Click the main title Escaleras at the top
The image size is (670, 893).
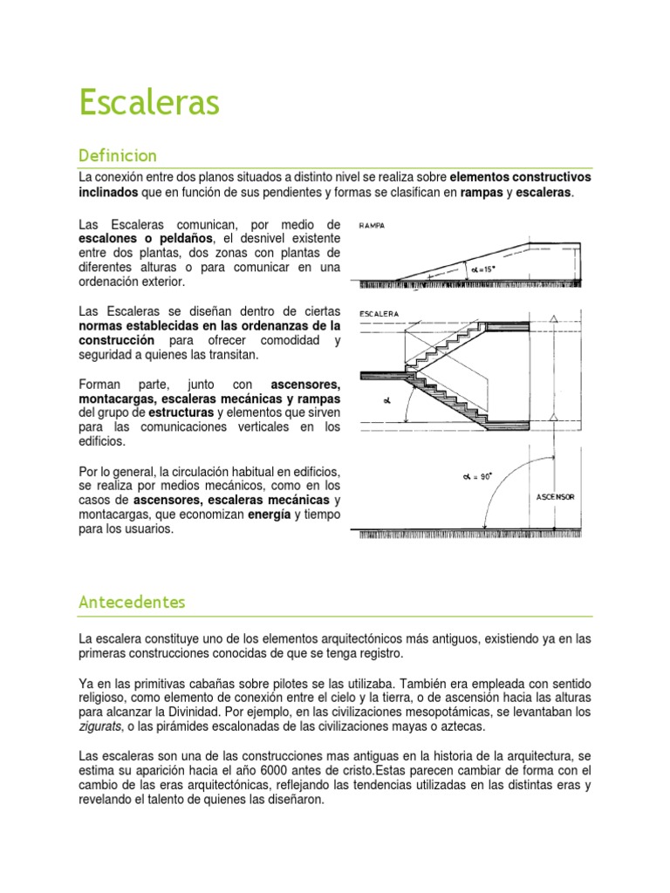(x=149, y=103)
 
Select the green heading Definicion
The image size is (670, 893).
(x=118, y=156)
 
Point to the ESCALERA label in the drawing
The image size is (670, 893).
(x=379, y=312)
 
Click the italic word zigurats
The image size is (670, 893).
(x=99, y=726)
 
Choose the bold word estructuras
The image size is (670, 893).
(x=182, y=412)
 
